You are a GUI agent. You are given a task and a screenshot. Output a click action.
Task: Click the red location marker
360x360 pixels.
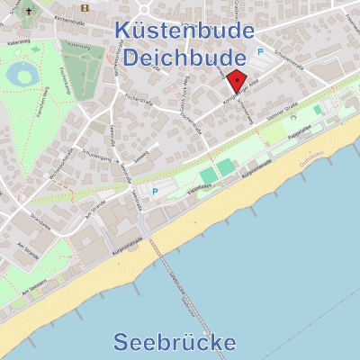[x=235, y=82]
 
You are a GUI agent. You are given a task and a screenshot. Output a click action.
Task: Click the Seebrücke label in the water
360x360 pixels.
[x=175, y=342]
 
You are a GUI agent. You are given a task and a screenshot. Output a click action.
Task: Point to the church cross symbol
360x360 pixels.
[x=27, y=13]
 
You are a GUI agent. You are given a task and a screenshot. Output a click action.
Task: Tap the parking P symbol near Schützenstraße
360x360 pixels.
[x=262, y=51]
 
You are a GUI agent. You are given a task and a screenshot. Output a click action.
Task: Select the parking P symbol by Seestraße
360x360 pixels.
[x=155, y=191]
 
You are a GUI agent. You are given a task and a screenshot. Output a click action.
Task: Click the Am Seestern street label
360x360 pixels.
[x=31, y=289]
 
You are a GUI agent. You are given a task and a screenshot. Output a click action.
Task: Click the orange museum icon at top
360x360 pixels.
[x=85, y=8]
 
